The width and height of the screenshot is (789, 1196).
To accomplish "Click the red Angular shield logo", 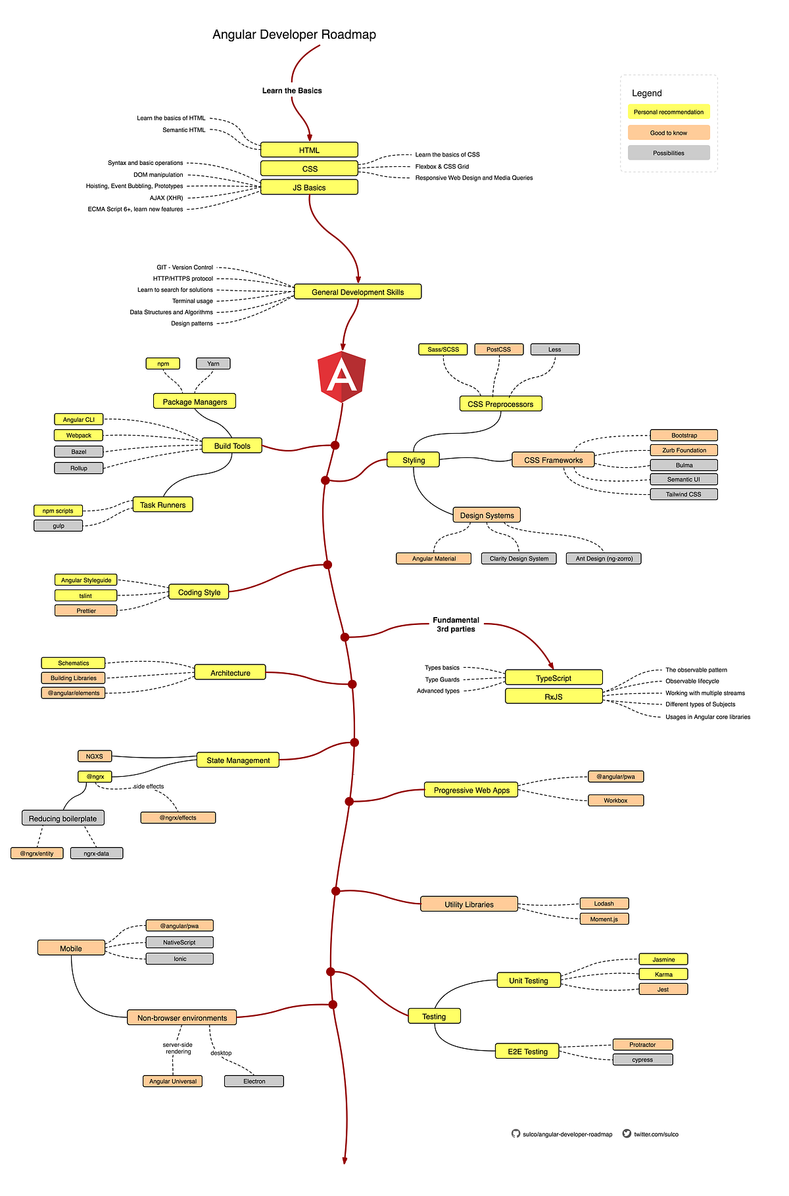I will [341, 376].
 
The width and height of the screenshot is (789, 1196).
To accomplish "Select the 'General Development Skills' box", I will [358, 292].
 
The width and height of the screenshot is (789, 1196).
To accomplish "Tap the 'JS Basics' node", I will [309, 187].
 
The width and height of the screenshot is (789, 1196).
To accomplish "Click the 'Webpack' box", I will [79, 436].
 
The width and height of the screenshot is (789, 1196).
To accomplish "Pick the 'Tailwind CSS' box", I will [683, 494].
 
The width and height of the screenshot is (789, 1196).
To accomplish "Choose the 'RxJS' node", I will [554, 697].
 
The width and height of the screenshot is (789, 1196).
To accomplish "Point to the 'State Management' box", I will [238, 760].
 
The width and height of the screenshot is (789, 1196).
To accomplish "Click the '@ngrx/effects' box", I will [178, 817].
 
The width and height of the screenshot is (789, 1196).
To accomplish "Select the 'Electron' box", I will [254, 1081].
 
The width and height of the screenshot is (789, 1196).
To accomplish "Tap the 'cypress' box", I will [642, 1059].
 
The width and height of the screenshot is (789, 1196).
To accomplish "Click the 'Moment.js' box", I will [604, 919].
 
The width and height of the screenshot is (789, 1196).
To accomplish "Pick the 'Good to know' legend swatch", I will [669, 133].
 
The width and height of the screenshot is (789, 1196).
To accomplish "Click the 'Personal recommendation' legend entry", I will [669, 112].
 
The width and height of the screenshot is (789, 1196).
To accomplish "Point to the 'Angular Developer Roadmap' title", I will [294, 35].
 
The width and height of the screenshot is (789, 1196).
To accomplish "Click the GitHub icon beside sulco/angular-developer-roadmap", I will [515, 1134].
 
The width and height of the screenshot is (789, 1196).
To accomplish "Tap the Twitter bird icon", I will [627, 1134].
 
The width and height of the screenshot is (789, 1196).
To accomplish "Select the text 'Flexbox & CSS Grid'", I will [442, 166].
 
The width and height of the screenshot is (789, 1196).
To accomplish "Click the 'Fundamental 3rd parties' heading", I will [456, 624].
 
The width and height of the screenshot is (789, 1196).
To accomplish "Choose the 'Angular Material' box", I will [434, 559].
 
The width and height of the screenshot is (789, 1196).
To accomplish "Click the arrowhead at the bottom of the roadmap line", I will [345, 1161].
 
